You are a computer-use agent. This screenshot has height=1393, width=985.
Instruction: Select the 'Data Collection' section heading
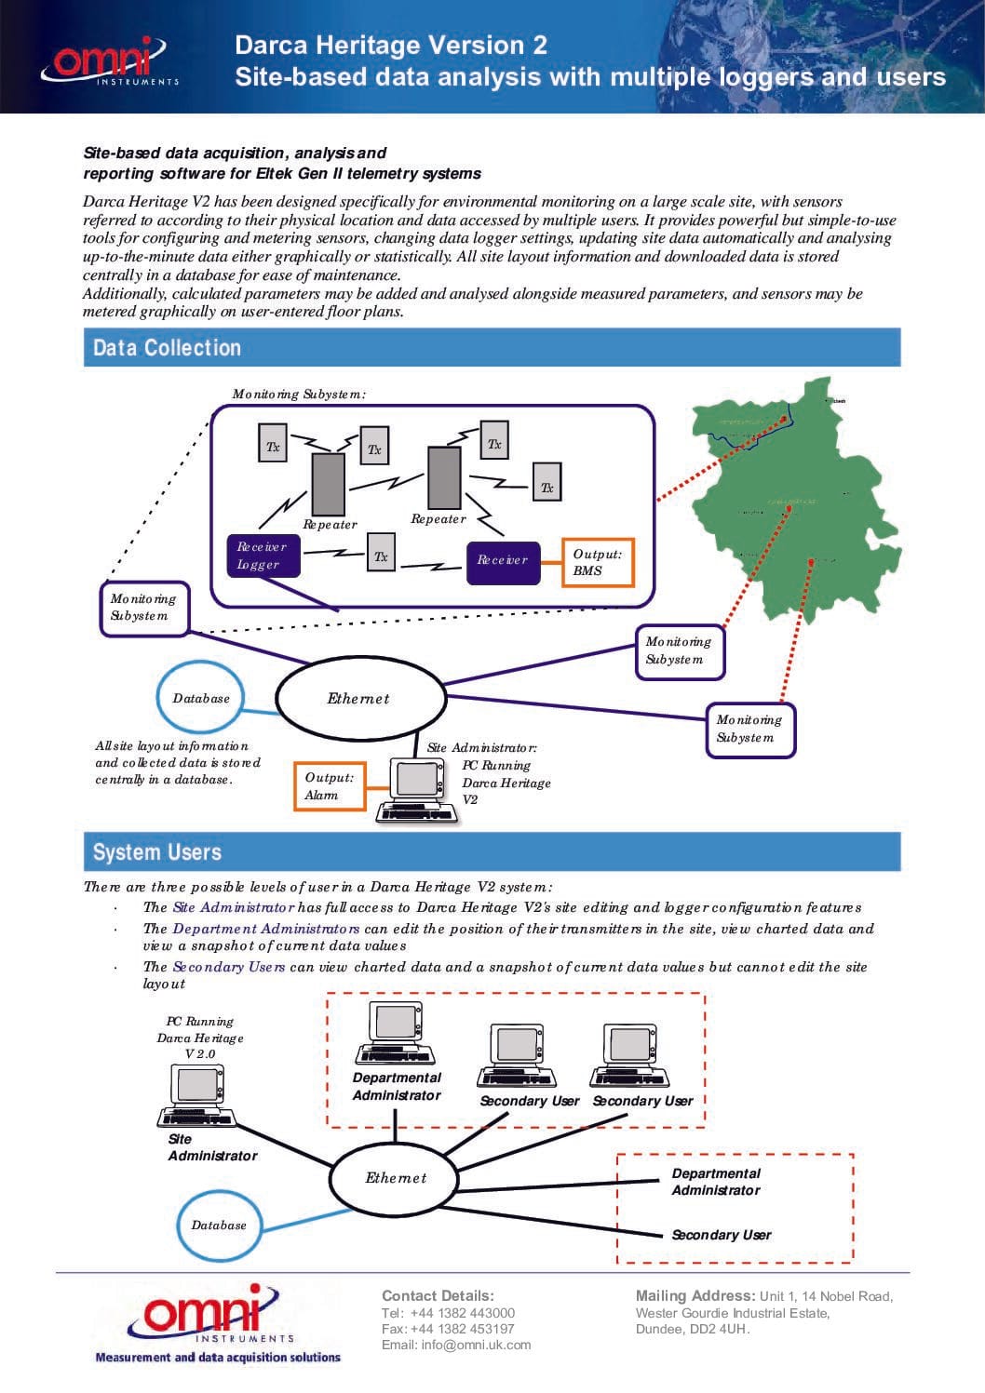(x=168, y=348)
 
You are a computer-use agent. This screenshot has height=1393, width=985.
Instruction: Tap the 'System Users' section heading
(x=157, y=852)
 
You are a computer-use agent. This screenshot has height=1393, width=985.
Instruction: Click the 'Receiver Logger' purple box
(x=263, y=556)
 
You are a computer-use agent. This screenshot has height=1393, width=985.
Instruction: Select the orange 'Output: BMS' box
(x=598, y=562)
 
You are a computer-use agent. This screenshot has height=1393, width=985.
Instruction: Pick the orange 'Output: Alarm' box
(x=330, y=785)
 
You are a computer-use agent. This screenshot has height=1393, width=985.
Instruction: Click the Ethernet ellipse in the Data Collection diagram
(x=359, y=698)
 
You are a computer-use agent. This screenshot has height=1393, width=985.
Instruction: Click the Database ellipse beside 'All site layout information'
(x=201, y=698)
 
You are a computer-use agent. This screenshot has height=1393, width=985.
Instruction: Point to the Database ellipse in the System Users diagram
(x=219, y=1225)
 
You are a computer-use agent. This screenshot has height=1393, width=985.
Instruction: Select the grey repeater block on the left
(x=328, y=483)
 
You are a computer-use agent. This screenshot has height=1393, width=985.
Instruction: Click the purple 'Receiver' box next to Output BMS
(x=503, y=560)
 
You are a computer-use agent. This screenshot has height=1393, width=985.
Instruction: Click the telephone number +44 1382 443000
(x=462, y=1312)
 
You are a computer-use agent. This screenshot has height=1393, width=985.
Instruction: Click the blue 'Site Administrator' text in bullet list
(x=234, y=907)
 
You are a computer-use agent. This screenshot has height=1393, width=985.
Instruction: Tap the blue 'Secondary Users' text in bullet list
(x=229, y=967)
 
